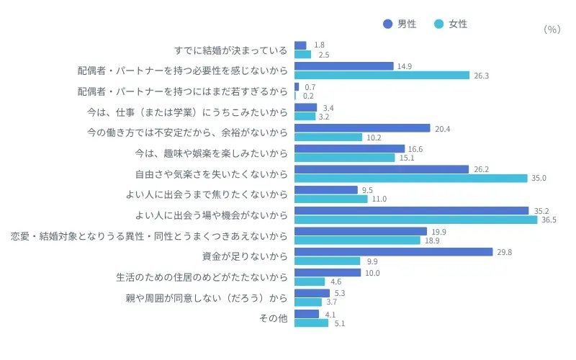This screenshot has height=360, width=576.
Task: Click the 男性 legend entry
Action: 400,24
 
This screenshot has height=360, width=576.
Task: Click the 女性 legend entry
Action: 451,24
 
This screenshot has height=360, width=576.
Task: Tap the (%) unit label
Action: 552,30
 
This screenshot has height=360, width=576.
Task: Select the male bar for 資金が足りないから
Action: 393,252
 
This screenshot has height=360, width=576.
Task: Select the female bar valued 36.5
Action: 415,220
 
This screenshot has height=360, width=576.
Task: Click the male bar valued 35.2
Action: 411,211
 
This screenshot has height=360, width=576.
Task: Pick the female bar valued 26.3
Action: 382,75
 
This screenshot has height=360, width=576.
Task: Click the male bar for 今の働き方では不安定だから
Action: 362,128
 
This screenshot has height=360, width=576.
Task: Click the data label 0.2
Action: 308,96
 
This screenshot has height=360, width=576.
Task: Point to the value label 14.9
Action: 405,66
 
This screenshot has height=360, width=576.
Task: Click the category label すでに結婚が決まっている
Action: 231,50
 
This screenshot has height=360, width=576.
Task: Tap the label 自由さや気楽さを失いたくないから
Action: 212,174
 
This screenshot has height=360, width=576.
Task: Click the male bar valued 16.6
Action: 349,149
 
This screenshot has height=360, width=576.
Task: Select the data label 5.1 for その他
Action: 341,323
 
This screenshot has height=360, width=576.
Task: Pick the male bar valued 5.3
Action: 312,293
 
